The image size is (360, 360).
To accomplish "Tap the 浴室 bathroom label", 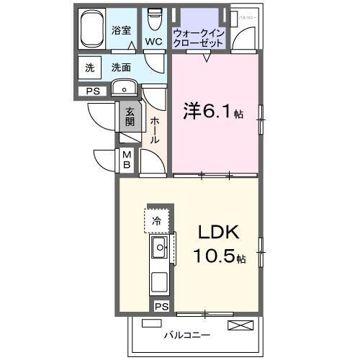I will pyautogui.click(x=121, y=30).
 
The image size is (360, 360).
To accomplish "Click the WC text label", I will pyautogui.click(x=153, y=41).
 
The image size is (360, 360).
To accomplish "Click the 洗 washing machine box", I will pyautogui.click(x=90, y=68).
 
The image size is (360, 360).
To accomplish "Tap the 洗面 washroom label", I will pyautogui.click(x=121, y=68).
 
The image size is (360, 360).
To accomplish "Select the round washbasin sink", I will pyautogui.click(x=125, y=89).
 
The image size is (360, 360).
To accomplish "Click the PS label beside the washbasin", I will pyautogui.click(x=93, y=91).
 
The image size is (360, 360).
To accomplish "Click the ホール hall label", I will pyautogui.click(x=155, y=130).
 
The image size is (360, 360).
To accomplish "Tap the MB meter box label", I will pyautogui.click(x=126, y=160).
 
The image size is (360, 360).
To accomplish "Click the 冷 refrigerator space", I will pyautogui.click(x=156, y=220).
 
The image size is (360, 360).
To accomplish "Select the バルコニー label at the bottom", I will pyautogui.click(x=186, y=336).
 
